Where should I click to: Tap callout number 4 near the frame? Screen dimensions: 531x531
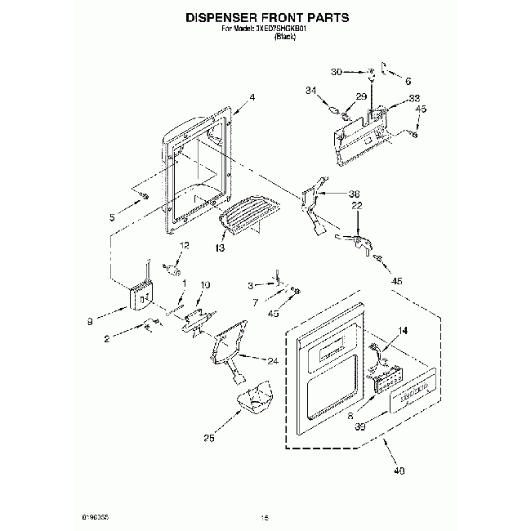click(252, 98)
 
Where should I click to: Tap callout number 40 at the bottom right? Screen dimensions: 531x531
click(398, 470)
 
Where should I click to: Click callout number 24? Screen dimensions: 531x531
click(271, 359)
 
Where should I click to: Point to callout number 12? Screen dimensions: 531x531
click(184, 244)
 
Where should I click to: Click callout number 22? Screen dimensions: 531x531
click(356, 206)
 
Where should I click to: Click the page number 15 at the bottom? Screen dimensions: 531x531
click(264, 517)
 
